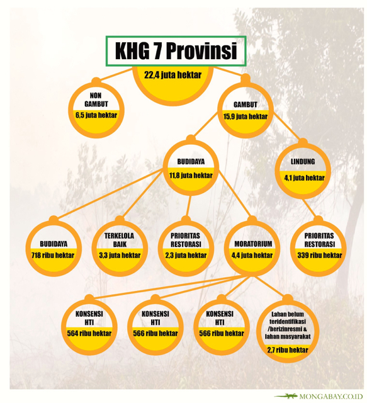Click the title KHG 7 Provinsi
click(176, 50)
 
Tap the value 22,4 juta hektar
click(172, 75)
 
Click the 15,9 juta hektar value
click(245, 116)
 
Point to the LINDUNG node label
click(303, 162)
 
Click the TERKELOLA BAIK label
click(120, 240)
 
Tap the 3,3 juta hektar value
click(120, 255)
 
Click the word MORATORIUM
click(253, 244)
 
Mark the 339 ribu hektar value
click(319, 255)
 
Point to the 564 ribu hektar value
click(89, 333)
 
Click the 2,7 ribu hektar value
click(288, 350)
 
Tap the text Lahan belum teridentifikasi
click(288, 317)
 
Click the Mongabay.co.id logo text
click(331, 397)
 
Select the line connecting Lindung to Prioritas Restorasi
click(310, 208)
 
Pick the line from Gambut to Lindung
click(287, 126)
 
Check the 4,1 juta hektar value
click(304, 178)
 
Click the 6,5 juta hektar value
click(96, 115)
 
